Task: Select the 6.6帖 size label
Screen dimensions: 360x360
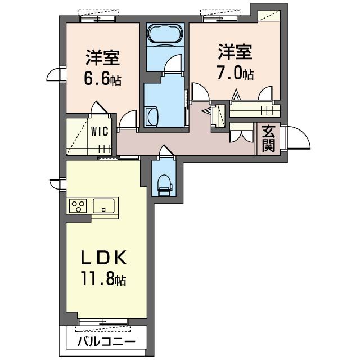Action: [x=102, y=79]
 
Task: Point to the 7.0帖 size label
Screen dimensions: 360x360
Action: [x=235, y=74]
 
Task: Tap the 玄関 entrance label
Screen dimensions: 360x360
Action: [x=268, y=138]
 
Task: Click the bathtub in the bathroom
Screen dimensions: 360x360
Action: [x=165, y=34]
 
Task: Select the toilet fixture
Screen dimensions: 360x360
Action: [x=164, y=182]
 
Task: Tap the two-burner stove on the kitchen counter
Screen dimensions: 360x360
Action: [x=78, y=205]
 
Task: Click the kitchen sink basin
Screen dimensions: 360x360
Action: [x=105, y=205]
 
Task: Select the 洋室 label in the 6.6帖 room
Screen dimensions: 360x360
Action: [x=102, y=57]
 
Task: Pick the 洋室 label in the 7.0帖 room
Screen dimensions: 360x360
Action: [x=235, y=53]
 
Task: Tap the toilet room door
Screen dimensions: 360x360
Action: [x=164, y=151]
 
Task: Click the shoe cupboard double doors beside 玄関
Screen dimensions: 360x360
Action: [x=240, y=136]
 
